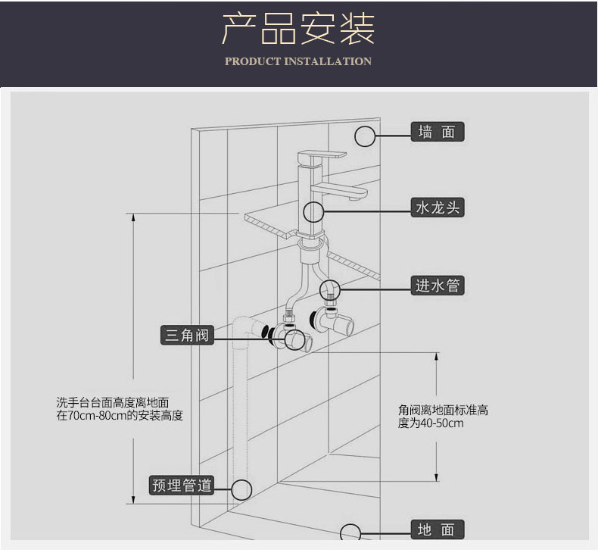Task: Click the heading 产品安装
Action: pyautogui.click(x=298, y=28)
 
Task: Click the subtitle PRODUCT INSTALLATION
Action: pyautogui.click(x=298, y=61)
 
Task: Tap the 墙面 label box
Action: pyautogui.click(x=438, y=132)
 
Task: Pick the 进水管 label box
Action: pyautogui.click(x=438, y=286)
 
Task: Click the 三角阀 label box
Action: pyautogui.click(x=186, y=334)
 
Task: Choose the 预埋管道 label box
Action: pyautogui.click(x=182, y=485)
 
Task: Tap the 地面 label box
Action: pyautogui.click(x=438, y=529)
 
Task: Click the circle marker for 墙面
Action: pyautogui.click(x=366, y=136)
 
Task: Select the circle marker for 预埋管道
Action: pyautogui.click(x=241, y=489)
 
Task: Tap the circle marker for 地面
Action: pyautogui.click(x=350, y=532)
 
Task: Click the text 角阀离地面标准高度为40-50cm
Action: pyautogui.click(x=443, y=417)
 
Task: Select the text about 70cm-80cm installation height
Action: pyautogui.click(x=119, y=409)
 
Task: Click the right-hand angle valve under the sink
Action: pyautogui.click(x=336, y=318)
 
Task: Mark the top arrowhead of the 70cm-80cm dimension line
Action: pyautogui.click(x=135, y=217)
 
